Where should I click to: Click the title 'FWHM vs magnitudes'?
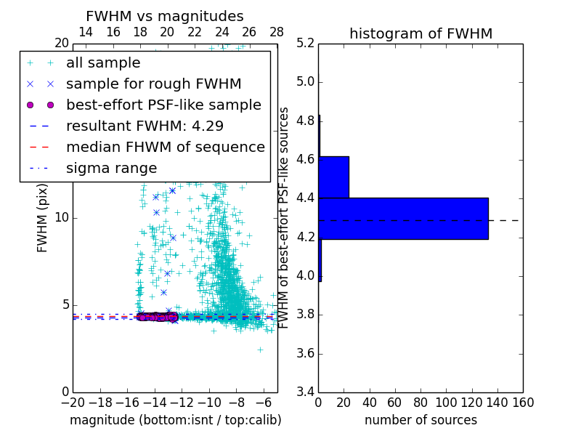pyautogui.click(x=165, y=16)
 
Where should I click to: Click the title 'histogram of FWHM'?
pyautogui.click(x=420, y=33)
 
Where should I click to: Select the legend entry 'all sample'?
pyautogui.click(x=103, y=63)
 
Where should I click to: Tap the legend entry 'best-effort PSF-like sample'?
pyautogui.click(x=163, y=105)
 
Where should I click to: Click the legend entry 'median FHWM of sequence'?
pyautogui.click(x=166, y=147)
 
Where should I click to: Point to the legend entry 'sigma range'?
pyautogui.click(x=111, y=168)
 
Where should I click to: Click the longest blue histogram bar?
pyautogui.click(x=403, y=218)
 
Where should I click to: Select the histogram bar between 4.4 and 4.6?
pyautogui.click(x=333, y=177)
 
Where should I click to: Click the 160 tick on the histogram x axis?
pyautogui.click(x=523, y=403)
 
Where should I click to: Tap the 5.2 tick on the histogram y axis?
pyautogui.click(x=305, y=43)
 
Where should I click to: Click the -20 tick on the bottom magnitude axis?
pyautogui.click(x=73, y=403)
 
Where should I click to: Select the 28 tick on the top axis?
pyautogui.click(x=277, y=32)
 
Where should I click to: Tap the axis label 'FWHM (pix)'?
pyautogui.click(x=43, y=218)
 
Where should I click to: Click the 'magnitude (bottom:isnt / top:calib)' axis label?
pyautogui.click(x=175, y=420)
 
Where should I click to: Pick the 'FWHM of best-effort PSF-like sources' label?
pyautogui.click(x=284, y=218)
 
